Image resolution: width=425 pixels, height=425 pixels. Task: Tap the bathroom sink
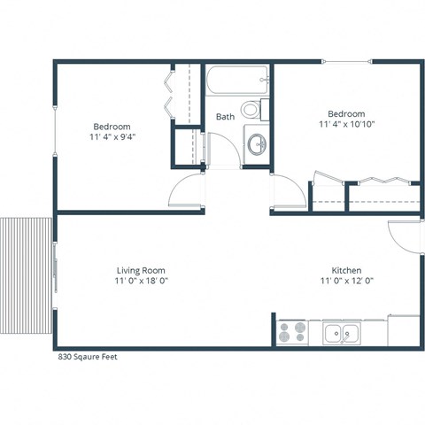point(256,144)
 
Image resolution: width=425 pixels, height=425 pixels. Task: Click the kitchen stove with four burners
point(291,332)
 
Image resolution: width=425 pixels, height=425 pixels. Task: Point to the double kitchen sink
point(341,333)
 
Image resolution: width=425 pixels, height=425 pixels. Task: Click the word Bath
point(226,116)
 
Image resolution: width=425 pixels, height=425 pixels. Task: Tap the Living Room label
point(141,270)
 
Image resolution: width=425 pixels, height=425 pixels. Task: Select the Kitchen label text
point(346,270)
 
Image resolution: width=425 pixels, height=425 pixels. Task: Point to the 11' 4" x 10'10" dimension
point(346,125)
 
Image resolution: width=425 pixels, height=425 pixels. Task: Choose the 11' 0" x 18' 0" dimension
point(141,281)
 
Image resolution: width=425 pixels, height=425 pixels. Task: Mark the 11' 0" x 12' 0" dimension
point(346,281)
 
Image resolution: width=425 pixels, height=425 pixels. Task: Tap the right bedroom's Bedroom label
point(346,113)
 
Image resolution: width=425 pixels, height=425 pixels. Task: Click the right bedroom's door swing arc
point(285,192)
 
